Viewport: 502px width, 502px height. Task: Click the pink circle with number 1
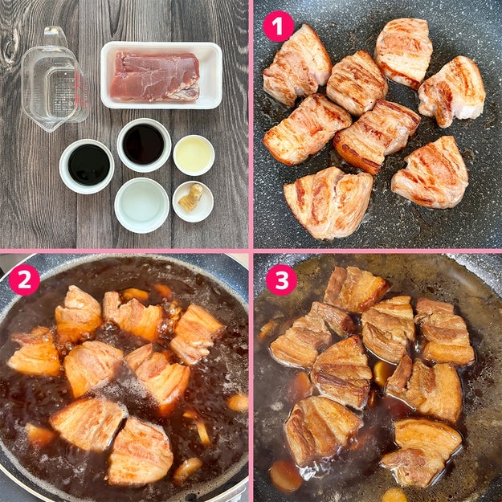278,27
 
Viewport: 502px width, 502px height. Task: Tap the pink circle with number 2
24,280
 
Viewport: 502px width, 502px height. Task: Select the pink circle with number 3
281,280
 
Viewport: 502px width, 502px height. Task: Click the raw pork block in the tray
155,76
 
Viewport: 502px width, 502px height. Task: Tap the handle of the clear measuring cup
55,36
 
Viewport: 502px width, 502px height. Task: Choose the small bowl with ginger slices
193,202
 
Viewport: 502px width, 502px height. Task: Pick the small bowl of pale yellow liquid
194,155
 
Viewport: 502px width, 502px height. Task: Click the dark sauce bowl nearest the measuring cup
87,166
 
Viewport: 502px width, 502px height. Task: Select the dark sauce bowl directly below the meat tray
144,145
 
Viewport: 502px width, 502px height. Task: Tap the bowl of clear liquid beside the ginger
142,206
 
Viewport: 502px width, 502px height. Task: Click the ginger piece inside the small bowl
191,198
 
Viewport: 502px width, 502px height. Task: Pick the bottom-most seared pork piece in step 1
329,203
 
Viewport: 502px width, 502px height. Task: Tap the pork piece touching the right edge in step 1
451,91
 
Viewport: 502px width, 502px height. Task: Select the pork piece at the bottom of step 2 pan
140,452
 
